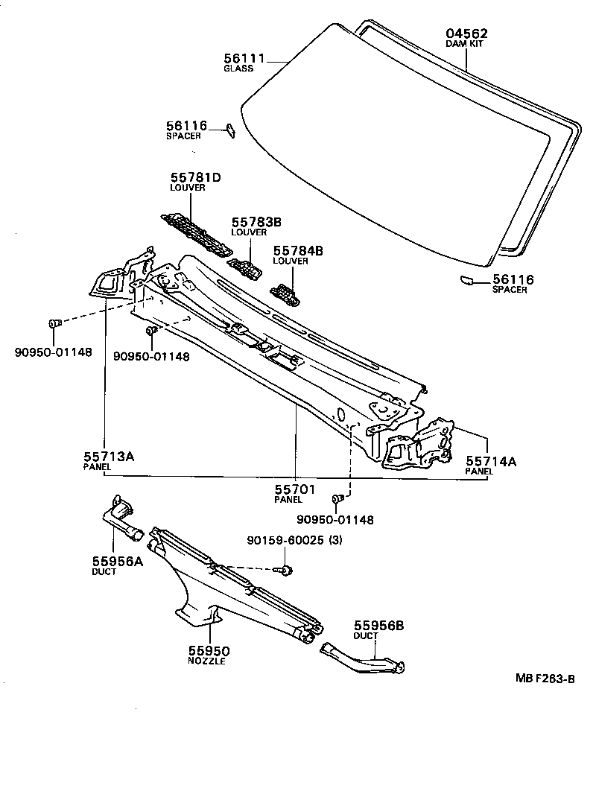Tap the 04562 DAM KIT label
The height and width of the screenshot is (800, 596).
click(x=466, y=34)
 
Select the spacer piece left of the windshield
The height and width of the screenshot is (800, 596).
click(x=231, y=130)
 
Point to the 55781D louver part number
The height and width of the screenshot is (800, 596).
click(x=197, y=177)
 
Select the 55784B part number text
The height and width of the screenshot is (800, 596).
click(x=298, y=251)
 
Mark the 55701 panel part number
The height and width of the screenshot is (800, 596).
click(x=295, y=489)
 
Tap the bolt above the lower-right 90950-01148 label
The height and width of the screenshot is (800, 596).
click(x=338, y=498)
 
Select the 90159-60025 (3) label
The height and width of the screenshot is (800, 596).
click(x=294, y=542)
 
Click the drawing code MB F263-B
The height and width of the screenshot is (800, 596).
click(x=545, y=679)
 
